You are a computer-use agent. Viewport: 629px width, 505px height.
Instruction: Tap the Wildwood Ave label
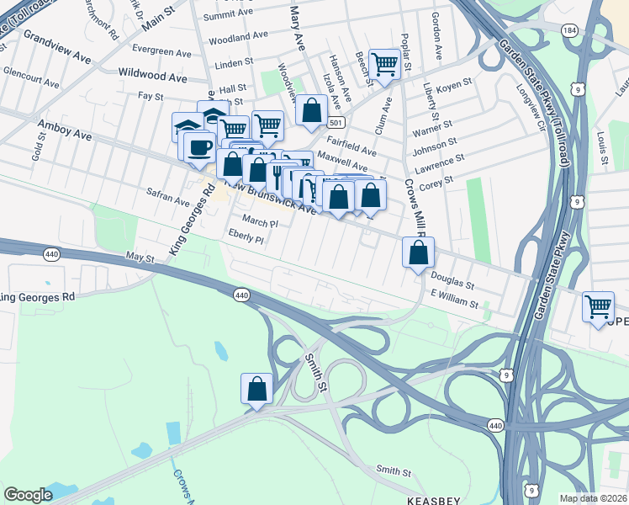pos(153,76)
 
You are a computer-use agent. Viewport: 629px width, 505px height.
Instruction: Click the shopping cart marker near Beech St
pos(384,63)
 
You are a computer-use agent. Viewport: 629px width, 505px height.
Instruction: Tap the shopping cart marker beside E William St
pos(598,307)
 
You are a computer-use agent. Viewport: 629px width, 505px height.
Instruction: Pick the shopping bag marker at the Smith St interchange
pos(257,389)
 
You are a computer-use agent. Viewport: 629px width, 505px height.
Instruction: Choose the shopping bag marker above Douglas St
pos(418,252)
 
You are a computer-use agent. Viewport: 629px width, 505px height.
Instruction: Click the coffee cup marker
pos(199,146)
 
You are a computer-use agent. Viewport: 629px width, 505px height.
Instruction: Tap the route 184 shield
pos(569,29)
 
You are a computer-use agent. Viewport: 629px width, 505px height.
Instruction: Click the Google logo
pos(28,495)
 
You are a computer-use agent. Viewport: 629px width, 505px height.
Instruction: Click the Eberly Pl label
pos(246,240)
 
